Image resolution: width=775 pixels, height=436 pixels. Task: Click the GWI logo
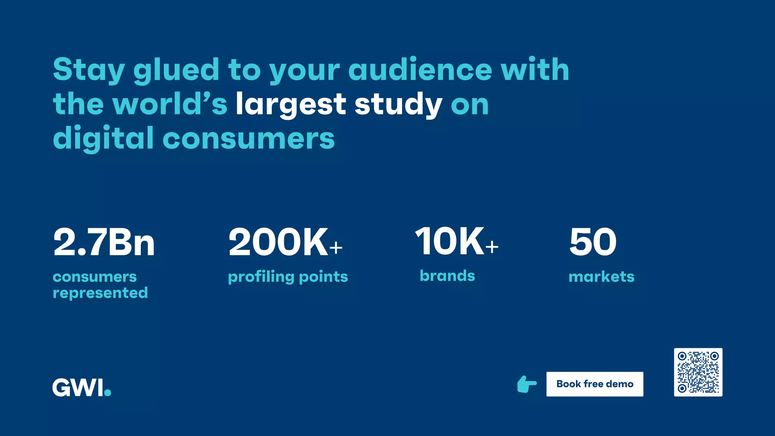(81, 387)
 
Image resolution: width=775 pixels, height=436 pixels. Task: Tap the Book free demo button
(594, 384)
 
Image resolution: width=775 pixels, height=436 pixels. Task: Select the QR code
(698, 372)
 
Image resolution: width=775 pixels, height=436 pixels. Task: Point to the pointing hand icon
(527, 384)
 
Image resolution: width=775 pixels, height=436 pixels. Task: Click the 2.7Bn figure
(104, 242)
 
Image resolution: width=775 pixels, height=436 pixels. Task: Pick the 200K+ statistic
(285, 242)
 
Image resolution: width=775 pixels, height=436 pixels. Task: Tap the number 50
(593, 242)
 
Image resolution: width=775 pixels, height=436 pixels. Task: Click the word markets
(601, 277)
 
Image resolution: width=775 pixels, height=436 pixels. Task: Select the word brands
(447, 276)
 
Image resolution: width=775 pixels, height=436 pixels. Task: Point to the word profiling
(261, 277)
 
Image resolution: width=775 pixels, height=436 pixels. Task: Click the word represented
(100, 293)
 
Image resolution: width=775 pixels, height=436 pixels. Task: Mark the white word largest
(291, 105)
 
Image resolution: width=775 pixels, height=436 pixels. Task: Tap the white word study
(398, 105)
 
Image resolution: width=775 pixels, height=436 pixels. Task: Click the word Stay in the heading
(89, 70)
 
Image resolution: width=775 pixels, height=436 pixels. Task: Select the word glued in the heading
(176, 70)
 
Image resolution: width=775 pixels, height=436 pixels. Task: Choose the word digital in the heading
(103, 139)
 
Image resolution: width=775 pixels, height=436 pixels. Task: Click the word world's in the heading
(170, 104)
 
